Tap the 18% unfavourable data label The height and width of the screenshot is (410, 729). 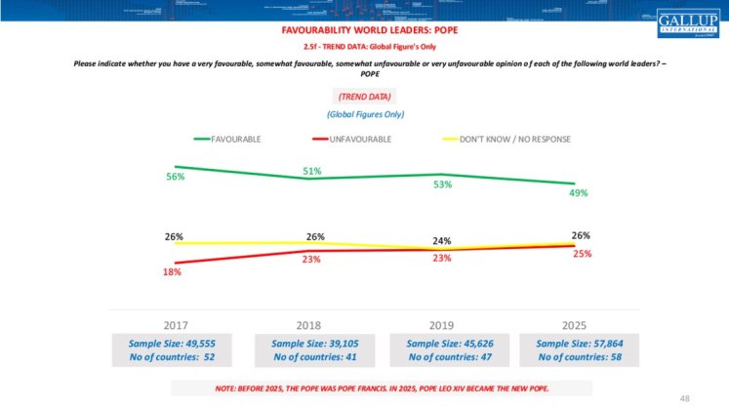coord(173,272)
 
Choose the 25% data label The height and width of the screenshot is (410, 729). coord(581,254)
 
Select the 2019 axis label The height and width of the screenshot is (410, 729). coord(442,324)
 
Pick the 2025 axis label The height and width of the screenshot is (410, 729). coord(576,324)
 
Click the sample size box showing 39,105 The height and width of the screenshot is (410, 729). coord(312,350)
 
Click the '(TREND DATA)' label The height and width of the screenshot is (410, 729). coord(364,98)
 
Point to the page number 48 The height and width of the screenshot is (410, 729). coord(685,397)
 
